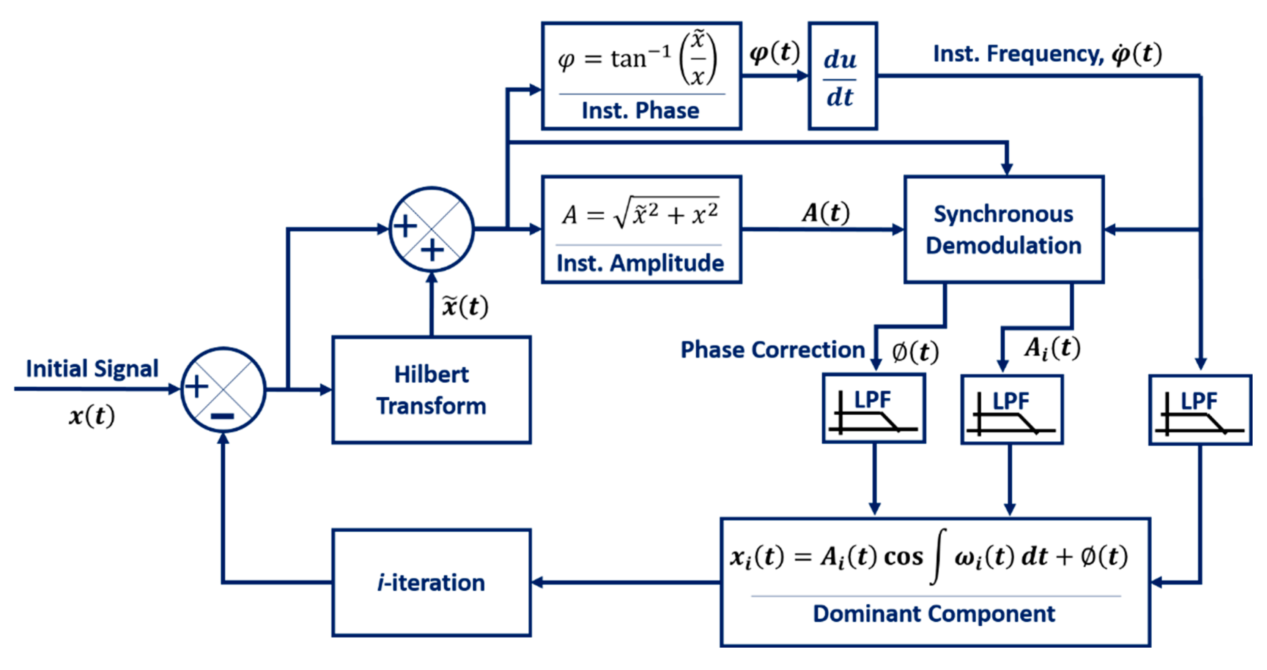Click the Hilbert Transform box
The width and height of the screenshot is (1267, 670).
(x=431, y=390)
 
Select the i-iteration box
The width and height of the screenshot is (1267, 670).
(x=431, y=582)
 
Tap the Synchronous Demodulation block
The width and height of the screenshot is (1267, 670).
(x=1003, y=229)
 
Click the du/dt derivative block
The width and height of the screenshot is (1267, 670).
(x=842, y=76)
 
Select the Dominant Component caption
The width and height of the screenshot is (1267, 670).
(x=933, y=614)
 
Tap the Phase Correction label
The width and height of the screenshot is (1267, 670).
(x=772, y=350)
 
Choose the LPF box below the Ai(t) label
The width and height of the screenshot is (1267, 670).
(x=1012, y=409)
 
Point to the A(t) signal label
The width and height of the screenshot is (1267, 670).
(x=826, y=213)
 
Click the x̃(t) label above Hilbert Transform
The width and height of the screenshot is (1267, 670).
(x=465, y=306)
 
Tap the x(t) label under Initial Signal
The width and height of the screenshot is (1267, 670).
(x=91, y=416)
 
